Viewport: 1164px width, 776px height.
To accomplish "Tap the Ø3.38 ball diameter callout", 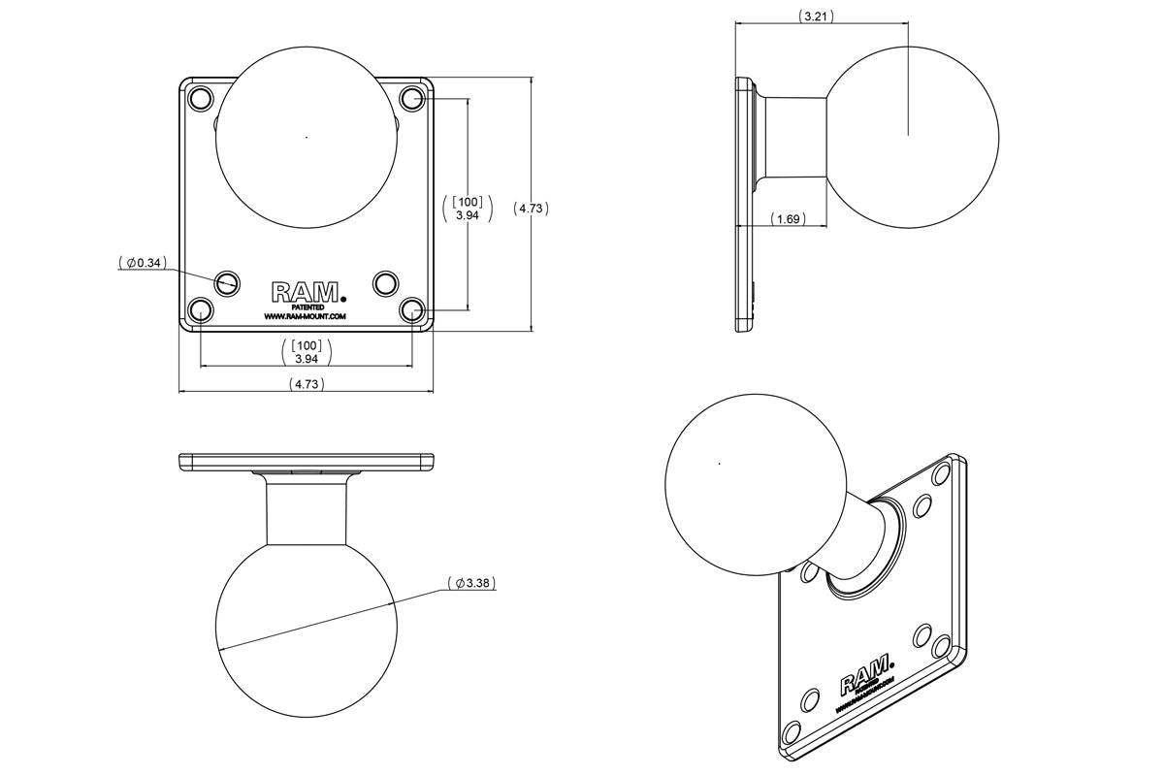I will click(x=471, y=584).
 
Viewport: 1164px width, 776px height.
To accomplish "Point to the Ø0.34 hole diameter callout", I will click(x=143, y=262).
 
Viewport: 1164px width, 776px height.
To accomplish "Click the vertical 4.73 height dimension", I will click(x=531, y=208).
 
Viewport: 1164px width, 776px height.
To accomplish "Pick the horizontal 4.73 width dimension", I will click(x=307, y=384).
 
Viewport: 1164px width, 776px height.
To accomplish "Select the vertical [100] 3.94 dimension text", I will click(x=468, y=209).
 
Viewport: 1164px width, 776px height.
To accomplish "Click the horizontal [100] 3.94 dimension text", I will click(x=307, y=352).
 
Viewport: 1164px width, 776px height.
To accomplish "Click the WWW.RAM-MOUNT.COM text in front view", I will click(x=305, y=316).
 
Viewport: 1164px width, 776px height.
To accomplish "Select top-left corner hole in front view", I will click(x=200, y=98).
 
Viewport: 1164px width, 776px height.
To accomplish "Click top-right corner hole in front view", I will click(x=412, y=98).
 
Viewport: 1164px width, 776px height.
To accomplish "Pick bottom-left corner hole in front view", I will click(x=200, y=310).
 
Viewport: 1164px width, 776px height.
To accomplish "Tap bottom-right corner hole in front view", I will click(x=412, y=310).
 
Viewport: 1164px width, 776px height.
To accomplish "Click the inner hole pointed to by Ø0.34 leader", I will click(x=228, y=282).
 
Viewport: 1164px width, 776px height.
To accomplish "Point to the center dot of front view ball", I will click(x=307, y=137).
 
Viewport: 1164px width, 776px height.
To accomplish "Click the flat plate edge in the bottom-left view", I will click(x=307, y=462).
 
